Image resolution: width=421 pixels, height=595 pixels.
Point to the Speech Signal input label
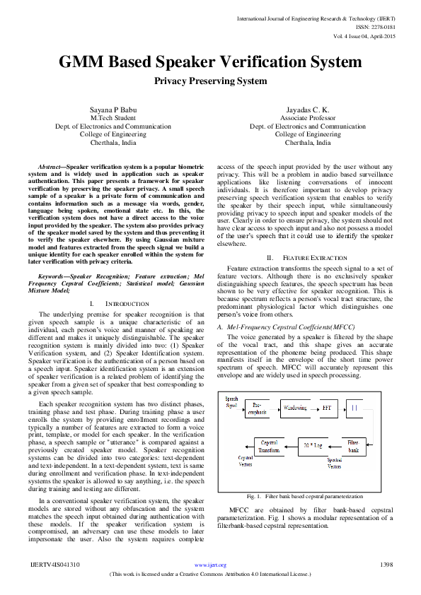(231, 403)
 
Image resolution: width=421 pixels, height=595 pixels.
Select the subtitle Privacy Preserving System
(210, 81)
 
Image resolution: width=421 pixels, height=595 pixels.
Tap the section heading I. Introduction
(113, 302)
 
